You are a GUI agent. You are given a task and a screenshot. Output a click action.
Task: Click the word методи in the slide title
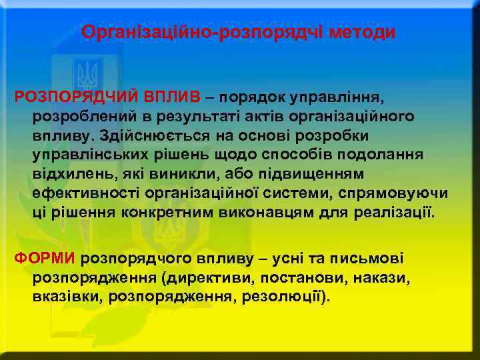pos(365,32)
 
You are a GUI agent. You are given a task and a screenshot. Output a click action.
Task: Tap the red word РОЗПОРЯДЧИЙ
pos(71,98)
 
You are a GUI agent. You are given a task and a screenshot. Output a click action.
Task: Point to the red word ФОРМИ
pos(46,258)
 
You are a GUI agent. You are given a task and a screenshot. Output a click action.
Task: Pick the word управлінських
pos(84,155)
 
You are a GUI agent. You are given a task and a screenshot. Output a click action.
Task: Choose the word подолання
pos(387,155)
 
